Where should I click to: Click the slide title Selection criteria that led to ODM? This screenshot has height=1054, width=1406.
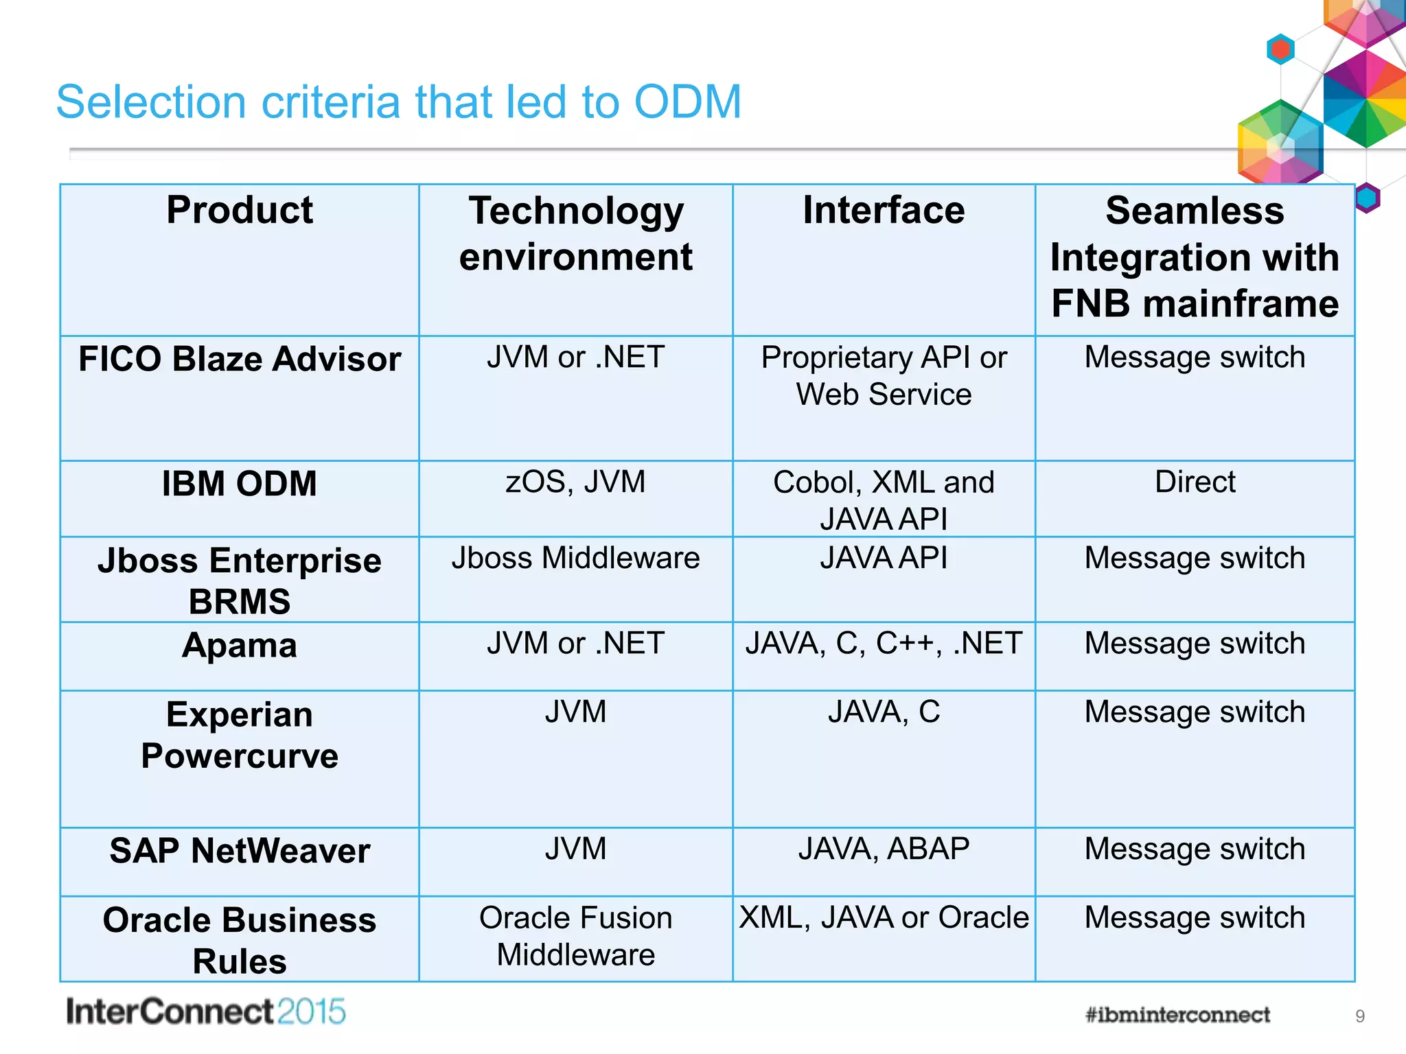[398, 102]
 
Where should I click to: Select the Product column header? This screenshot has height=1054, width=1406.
[239, 210]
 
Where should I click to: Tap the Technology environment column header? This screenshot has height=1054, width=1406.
[575, 233]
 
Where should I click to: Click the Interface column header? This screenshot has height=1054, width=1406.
[884, 210]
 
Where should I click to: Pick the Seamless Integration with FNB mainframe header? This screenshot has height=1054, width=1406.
[1195, 257]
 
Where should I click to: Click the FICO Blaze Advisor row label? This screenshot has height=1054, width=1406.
[239, 359]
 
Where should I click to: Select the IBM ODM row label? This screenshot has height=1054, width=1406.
[239, 484]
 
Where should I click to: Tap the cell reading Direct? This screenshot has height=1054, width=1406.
[1195, 482]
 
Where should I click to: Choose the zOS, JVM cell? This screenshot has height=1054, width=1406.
[575, 482]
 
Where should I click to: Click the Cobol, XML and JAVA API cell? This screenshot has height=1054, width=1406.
[884, 500]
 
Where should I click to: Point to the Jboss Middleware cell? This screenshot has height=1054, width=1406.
[575, 558]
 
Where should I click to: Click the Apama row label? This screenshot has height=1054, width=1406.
[239, 646]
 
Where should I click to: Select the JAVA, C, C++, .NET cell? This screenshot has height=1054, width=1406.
[884, 644]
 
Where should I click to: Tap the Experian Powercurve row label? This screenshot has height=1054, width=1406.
[239, 735]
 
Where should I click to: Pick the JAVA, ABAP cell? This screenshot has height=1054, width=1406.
[884, 849]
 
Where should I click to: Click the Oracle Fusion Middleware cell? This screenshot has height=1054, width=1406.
[575, 936]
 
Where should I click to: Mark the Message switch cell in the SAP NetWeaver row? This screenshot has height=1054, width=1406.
[1195, 849]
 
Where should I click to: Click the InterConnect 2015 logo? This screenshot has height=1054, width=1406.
[205, 1012]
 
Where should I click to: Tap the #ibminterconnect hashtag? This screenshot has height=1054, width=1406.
[1177, 1015]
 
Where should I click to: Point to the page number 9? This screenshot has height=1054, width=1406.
[1359, 1016]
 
